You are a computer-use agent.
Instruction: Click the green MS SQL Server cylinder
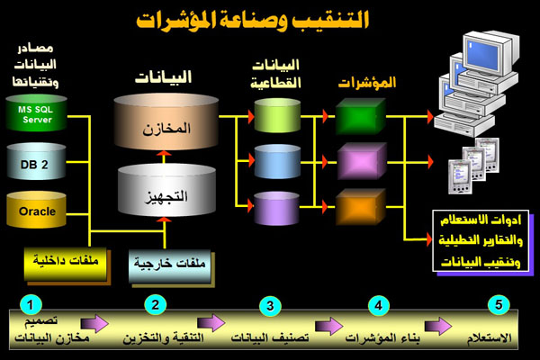[x=37, y=116]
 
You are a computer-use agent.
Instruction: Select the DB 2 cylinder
[x=37, y=163]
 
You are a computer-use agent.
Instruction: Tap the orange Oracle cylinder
[x=37, y=211]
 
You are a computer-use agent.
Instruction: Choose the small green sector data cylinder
[x=276, y=116]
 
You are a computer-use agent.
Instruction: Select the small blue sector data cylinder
[x=276, y=163]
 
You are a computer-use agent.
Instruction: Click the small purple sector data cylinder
[x=276, y=210]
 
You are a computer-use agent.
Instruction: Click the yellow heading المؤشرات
[x=367, y=83]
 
